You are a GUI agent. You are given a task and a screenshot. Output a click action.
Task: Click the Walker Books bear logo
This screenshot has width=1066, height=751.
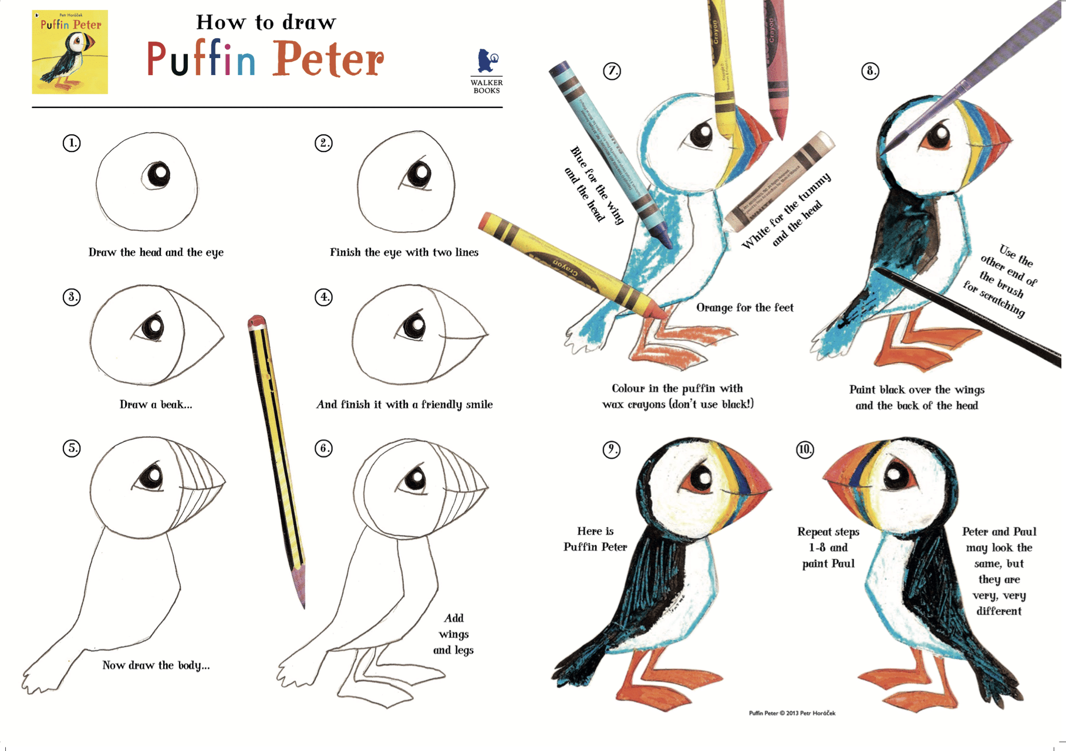click(487, 62)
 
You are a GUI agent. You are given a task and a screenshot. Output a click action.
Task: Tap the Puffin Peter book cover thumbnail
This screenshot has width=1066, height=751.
click(70, 52)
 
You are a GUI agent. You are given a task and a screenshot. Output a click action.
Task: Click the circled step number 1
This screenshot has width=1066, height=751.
click(72, 143)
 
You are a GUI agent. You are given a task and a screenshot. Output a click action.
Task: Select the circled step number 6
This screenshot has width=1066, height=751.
click(323, 448)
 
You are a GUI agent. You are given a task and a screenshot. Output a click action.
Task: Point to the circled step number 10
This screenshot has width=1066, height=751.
click(805, 449)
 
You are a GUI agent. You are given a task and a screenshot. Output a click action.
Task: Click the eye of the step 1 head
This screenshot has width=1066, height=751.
click(157, 174)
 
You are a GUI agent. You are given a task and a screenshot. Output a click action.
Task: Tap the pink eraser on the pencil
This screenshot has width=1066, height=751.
click(257, 322)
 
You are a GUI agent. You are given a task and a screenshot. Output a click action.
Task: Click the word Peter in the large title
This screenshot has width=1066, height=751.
click(328, 60)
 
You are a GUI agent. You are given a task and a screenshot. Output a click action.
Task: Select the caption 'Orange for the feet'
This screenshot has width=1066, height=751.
click(744, 307)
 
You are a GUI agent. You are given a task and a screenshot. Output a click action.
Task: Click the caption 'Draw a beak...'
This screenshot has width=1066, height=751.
click(156, 404)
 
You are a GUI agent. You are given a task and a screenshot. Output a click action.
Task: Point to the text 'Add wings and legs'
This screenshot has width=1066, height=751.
click(453, 634)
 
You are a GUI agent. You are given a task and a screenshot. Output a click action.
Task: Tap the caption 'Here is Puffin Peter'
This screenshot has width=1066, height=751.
click(595, 539)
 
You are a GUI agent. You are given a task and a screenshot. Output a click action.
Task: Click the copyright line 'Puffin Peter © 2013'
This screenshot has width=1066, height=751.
click(792, 713)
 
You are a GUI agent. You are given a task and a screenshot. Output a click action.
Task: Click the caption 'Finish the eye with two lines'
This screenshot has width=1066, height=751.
click(404, 252)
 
